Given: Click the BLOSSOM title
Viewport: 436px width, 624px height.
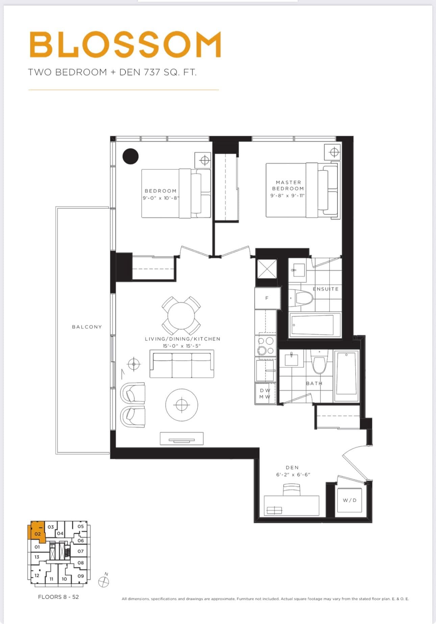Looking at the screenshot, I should tap(125, 44).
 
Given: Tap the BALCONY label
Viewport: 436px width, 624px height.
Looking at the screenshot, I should tap(87, 327).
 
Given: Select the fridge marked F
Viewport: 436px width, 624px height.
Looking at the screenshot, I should tap(267, 298).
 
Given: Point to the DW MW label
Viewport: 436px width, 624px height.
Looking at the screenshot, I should tap(265, 394).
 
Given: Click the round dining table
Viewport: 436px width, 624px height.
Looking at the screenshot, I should tap(181, 316).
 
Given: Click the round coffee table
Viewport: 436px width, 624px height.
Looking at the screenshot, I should tap(182, 405).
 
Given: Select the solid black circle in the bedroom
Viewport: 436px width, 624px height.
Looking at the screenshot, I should tap(130, 156).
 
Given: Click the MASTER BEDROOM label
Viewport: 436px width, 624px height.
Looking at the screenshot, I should tap(288, 185).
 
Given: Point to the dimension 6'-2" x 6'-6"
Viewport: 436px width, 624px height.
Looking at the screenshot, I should tap(293, 474).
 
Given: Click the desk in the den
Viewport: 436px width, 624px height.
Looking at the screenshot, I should tap(291, 505).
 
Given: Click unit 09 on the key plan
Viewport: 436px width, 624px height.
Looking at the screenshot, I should tap(80, 576).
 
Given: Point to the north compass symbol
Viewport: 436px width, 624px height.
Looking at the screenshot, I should tap(104, 581).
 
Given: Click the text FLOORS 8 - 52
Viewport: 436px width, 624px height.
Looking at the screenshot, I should tap(58, 597).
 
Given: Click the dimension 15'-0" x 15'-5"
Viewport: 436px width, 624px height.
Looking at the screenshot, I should tap(182, 346).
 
